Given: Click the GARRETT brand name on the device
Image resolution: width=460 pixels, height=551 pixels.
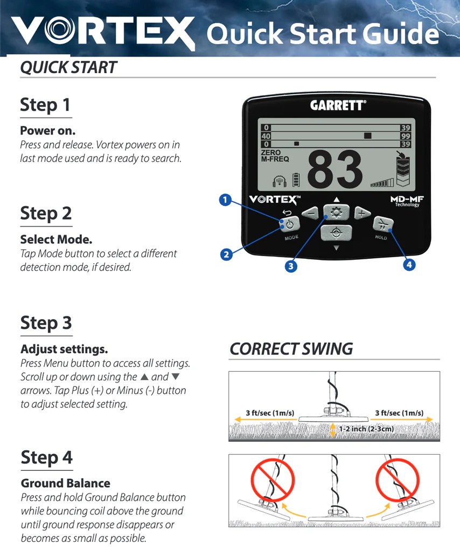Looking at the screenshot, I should pos(337,105).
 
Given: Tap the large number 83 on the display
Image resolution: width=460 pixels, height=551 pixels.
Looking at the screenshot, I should pos(334,170).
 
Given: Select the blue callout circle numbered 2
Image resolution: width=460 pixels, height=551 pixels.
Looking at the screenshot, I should pos(226,254).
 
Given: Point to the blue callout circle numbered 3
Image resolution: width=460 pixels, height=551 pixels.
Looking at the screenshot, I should pos(291,265).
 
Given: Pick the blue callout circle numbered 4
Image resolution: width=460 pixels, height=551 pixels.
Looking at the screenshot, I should pos(409,265).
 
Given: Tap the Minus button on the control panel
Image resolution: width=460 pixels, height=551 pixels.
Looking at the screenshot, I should pos(310,213).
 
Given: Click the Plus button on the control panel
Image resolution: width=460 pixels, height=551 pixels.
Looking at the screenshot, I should pos(362,213).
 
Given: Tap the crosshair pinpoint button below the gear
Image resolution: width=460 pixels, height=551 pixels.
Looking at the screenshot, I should pos(336,232).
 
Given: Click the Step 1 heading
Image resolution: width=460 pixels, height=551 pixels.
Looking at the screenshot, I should pos(46,104).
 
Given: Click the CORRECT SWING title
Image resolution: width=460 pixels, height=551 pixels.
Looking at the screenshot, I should pos(291,349).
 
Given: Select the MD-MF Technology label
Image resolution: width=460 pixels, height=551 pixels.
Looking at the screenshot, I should pos(407,201).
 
